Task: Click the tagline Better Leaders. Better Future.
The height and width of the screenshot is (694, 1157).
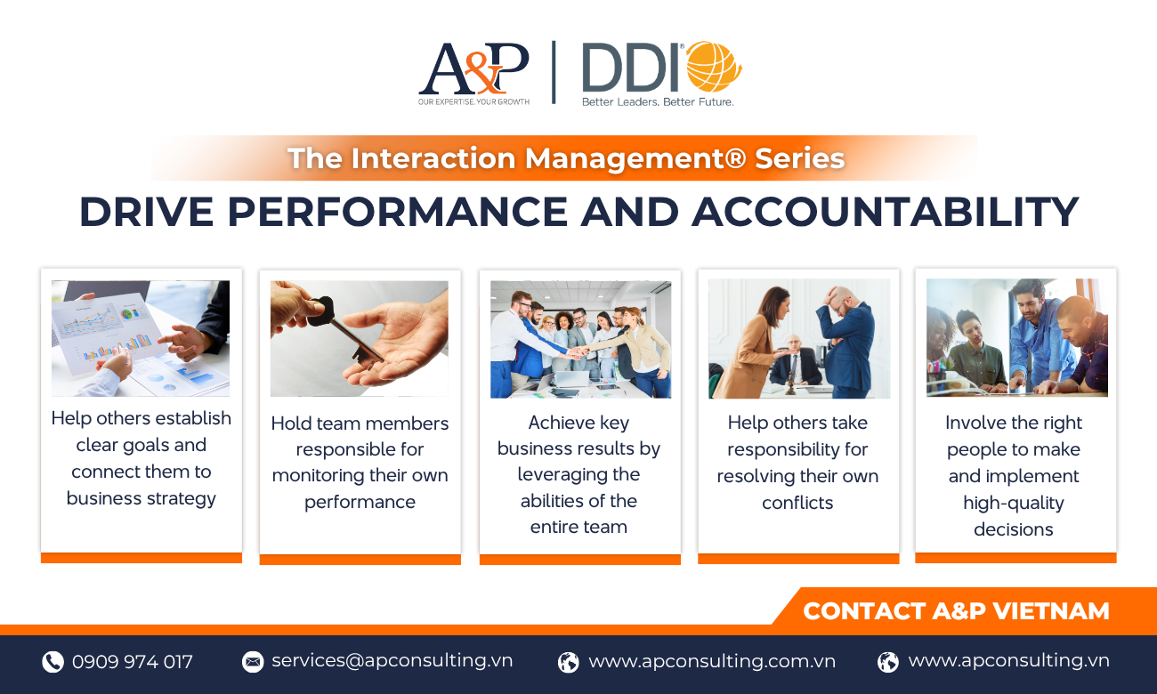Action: tap(658, 101)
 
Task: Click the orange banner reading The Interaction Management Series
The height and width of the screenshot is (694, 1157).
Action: tap(565, 158)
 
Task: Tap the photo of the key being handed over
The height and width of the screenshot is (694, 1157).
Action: tap(359, 338)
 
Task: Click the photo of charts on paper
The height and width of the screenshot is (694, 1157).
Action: tap(141, 338)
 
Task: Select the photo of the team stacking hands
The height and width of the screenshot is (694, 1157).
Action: tap(580, 339)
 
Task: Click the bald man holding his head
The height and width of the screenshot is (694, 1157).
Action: tap(845, 341)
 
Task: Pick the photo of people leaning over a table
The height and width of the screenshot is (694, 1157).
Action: tap(1017, 338)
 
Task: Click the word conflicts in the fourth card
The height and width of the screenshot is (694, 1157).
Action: tap(797, 503)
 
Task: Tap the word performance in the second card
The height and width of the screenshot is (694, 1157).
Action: tap(360, 503)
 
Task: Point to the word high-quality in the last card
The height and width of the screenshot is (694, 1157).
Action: tap(1014, 503)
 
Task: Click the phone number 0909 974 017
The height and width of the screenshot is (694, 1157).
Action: tap(133, 661)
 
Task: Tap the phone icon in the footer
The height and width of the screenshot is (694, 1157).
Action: tap(53, 662)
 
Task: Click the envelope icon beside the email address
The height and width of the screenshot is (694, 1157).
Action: tap(253, 662)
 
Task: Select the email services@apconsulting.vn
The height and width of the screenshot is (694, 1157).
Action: tap(392, 661)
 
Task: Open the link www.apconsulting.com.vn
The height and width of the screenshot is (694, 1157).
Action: tap(712, 661)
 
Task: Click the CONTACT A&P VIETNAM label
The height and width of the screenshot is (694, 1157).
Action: tap(956, 611)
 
